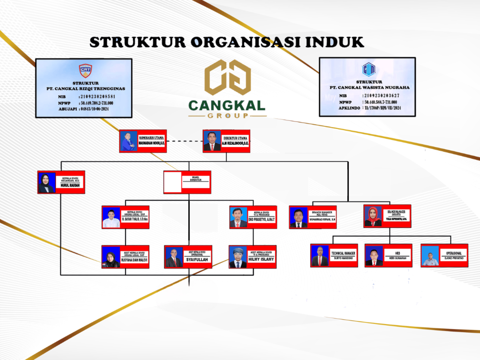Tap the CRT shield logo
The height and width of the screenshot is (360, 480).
click(x=85, y=70)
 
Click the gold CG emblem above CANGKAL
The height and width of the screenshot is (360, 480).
click(x=228, y=77)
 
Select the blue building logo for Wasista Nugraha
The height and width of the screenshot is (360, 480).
click(x=369, y=69)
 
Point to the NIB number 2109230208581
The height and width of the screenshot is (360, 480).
click(x=98, y=97)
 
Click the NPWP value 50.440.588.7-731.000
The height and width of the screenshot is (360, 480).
click(x=381, y=102)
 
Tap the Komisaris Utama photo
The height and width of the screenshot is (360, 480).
click(x=129, y=141)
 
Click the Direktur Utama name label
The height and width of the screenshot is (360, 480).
click(x=235, y=143)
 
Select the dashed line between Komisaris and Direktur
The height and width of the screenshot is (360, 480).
click(x=184, y=141)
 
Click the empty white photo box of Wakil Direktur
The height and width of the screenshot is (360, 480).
click(x=173, y=182)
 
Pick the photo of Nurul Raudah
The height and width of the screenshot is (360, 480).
click(x=47, y=183)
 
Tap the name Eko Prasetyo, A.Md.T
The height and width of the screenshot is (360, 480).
click(x=262, y=220)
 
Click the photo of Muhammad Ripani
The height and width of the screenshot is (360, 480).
click(x=298, y=217)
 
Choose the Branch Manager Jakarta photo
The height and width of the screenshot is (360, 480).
click(x=373, y=216)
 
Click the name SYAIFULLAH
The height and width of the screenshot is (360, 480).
click(x=197, y=260)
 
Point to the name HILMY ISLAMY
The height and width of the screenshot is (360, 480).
click(x=261, y=259)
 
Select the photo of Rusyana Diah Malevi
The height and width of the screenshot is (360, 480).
click(x=111, y=257)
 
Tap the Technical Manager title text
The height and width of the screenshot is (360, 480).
click(x=343, y=253)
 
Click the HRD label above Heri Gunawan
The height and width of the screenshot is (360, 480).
click(x=398, y=253)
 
